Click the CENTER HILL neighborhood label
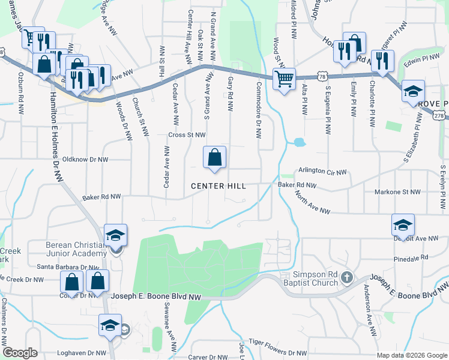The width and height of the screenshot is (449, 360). pyautogui.click(x=218, y=187)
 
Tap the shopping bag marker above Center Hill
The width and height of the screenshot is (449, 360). pyautogui.click(x=214, y=158)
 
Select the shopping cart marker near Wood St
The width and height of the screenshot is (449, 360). pyautogui.click(x=284, y=79)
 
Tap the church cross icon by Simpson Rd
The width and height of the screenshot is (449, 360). pyautogui.click(x=346, y=277)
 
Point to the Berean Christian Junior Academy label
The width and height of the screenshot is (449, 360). pyautogui.click(x=76, y=249)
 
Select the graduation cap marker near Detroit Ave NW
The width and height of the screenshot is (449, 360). pyautogui.click(x=403, y=225)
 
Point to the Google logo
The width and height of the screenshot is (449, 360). pyautogui.click(x=20, y=353)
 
